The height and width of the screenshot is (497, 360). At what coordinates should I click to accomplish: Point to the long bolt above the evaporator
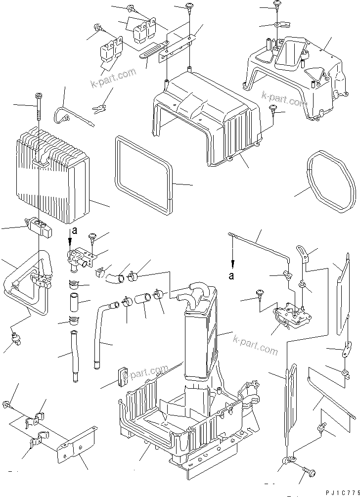click(x=38, y=108)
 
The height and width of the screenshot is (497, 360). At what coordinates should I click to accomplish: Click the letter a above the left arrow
click(x=74, y=230)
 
